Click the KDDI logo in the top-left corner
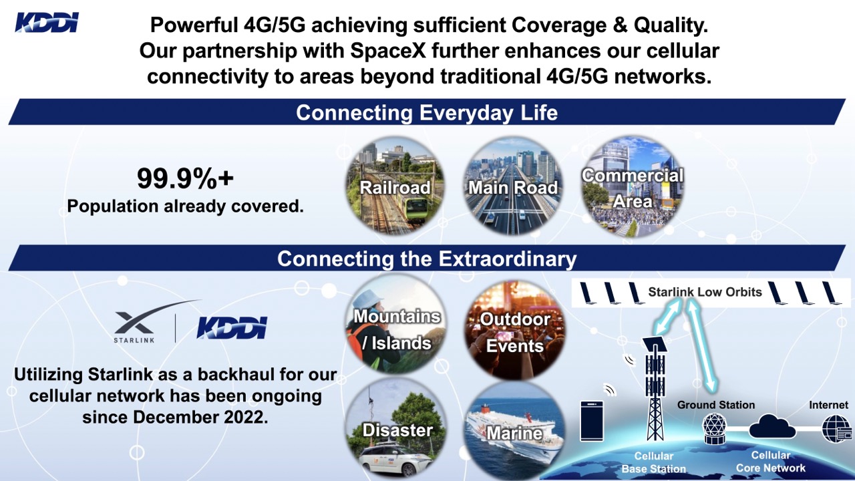point(47,23)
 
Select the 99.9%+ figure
point(185,178)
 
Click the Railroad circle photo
point(395,186)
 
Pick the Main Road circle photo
point(512,186)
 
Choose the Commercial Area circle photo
point(633,186)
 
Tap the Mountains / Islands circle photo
point(396,325)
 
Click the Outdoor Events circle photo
point(514,330)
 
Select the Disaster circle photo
point(396,430)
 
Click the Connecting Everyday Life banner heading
point(427,113)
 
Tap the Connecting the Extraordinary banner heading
point(427,259)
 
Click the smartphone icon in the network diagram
point(592,421)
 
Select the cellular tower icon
point(655,389)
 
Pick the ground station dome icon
point(715,428)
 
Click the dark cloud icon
point(772,427)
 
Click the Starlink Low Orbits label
point(705,292)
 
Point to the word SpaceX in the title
point(388,51)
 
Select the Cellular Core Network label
point(771,462)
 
